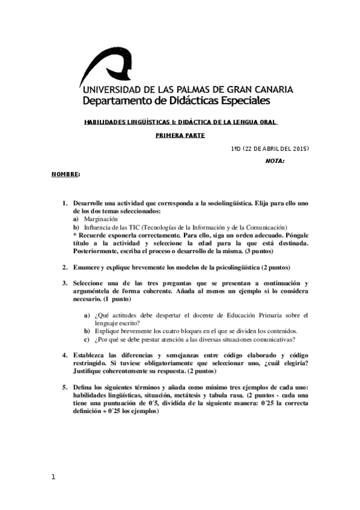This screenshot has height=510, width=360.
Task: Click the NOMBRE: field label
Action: click(x=65, y=174)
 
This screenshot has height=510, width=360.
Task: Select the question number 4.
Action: click(x=65, y=356)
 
